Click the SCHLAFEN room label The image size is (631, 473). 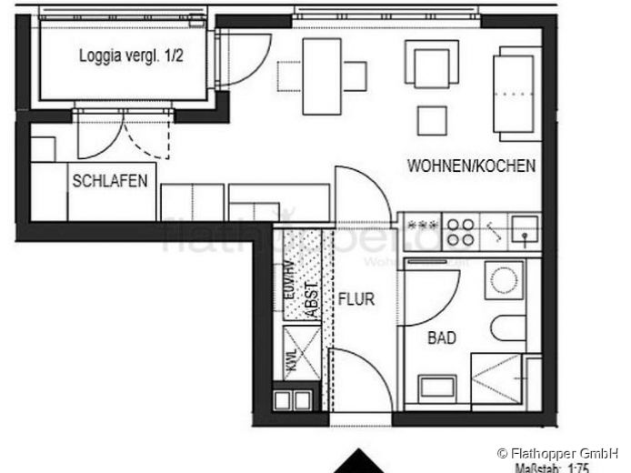pos(109,181)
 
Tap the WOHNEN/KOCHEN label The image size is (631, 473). pos(471,166)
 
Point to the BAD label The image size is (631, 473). pos(442,338)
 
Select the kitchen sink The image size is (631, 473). pos(525,231)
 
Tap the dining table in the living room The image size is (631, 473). pos(321,75)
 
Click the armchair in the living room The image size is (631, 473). pos(431,67)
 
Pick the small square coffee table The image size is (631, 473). pos(432,120)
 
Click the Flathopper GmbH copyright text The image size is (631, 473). pos(557,452)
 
